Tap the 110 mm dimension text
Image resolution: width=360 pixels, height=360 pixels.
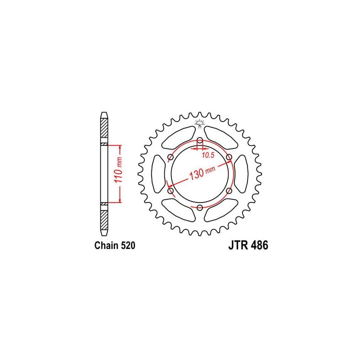pyautogui.click(x=119, y=170)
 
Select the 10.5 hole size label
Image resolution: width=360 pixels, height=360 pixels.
pyautogui.click(x=208, y=155)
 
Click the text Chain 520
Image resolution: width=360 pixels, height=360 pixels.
pyautogui.click(x=115, y=245)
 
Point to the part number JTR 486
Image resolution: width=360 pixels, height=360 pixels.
pyautogui.click(x=248, y=245)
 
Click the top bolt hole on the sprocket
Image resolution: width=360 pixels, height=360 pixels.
pyautogui.click(x=200, y=140)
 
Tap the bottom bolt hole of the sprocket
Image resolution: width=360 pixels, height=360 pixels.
pyautogui.click(x=200, y=207)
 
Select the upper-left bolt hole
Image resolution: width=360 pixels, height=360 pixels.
pyautogui.click(x=171, y=157)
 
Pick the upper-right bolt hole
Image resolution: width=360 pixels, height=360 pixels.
pyautogui.click(x=229, y=157)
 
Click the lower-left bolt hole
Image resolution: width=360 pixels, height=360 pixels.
pyautogui.click(x=171, y=190)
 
